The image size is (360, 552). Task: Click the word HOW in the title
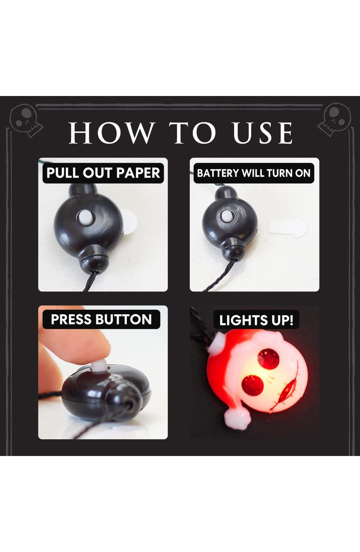(x=112, y=133)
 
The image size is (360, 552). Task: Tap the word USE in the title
(x=263, y=133)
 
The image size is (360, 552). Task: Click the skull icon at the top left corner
(x=26, y=120)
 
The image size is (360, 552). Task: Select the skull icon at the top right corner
(x=335, y=119)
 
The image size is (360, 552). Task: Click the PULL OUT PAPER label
(x=103, y=173)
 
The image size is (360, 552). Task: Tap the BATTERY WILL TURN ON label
(x=253, y=173)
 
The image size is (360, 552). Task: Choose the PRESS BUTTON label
(x=102, y=319)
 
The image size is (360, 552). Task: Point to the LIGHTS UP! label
(x=256, y=320)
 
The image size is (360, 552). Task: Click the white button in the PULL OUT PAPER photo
(x=85, y=217)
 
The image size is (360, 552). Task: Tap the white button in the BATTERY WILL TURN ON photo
(x=227, y=215)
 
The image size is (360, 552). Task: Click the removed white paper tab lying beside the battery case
(x=288, y=228)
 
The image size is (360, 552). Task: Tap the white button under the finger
(x=100, y=366)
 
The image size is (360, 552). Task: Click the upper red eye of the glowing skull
(x=269, y=359)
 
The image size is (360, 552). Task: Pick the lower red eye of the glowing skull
(x=252, y=385)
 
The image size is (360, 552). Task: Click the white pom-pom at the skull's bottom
(x=238, y=418)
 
